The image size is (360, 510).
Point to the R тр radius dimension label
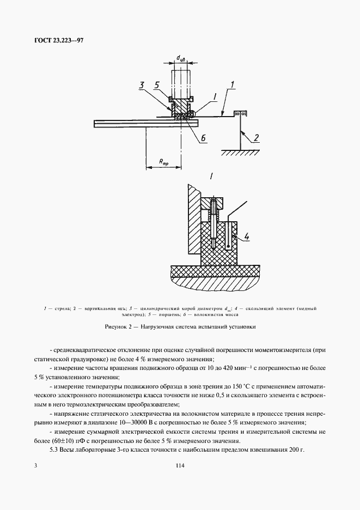[163, 161]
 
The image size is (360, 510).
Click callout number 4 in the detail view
[247, 236]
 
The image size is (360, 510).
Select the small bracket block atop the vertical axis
[240, 113]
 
